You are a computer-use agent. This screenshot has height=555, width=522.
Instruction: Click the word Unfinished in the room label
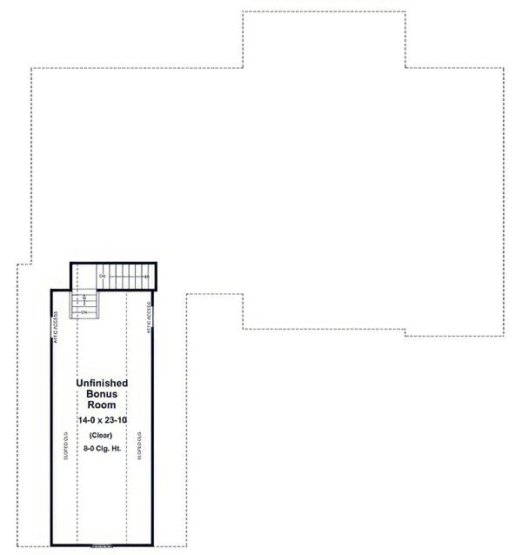(102, 383)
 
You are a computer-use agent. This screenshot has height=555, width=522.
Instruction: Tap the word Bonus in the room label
(102, 394)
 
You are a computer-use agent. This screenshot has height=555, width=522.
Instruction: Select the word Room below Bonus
(102, 405)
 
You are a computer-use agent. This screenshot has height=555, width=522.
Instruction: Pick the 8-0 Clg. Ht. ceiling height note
(102, 449)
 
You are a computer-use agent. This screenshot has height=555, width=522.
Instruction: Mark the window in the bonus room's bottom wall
(102, 545)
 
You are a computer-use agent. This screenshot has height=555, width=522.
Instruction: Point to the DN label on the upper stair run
(103, 276)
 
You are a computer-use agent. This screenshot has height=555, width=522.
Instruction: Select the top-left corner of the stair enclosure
(71, 263)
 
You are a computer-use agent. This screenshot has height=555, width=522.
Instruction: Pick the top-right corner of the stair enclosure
(154, 263)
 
